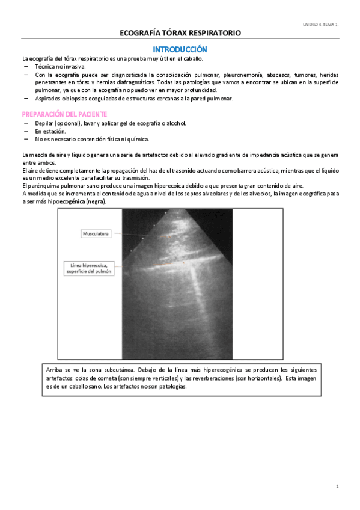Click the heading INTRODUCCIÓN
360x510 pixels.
point(180,49)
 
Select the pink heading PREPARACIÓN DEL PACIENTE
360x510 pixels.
point(64,114)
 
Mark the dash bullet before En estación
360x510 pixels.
point(26,131)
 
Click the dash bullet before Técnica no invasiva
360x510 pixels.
point(26,66)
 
